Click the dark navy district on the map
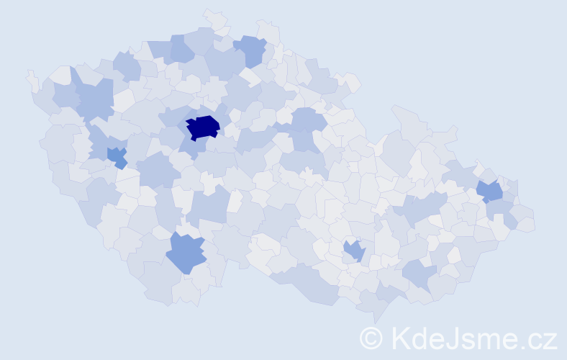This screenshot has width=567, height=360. pyautogui.click(x=202, y=127)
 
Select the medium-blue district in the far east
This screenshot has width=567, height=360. pyautogui.click(x=491, y=192)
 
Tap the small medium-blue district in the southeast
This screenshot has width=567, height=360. pyautogui.click(x=354, y=251)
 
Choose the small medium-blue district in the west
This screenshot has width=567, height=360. pyautogui.click(x=117, y=156)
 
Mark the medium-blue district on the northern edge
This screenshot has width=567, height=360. pyautogui.click(x=250, y=50)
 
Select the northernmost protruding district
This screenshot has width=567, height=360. pyautogui.click(x=214, y=17)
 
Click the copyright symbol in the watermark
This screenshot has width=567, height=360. pyautogui.click(x=371, y=338)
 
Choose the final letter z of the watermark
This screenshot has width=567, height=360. pyautogui.click(x=550, y=340)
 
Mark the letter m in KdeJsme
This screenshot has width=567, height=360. pyautogui.click(x=484, y=340)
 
